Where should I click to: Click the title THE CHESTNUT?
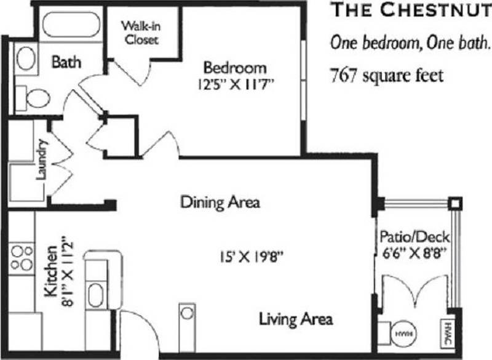410,10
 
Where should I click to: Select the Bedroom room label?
236,67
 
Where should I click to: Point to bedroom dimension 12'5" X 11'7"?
236,84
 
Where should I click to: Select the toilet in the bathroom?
36,97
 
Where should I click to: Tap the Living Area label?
296,319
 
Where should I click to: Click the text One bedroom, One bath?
410,43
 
